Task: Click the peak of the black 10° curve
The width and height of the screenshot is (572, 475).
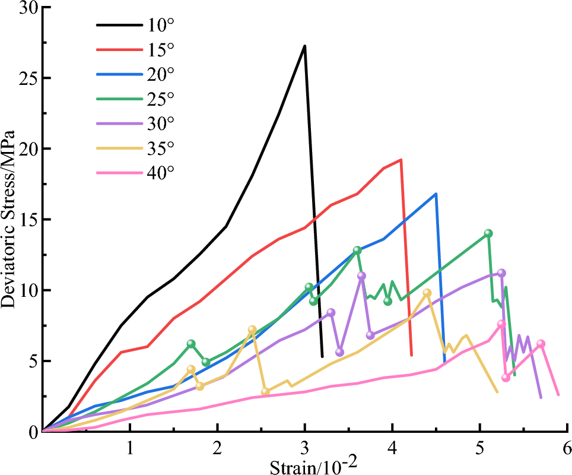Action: pos(304,46)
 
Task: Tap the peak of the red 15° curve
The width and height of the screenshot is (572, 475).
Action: pos(401,160)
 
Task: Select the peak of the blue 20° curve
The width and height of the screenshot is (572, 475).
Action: pos(436,194)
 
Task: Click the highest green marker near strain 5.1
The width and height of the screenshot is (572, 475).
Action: pos(488,233)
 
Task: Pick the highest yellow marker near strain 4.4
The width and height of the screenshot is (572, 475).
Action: pos(427,293)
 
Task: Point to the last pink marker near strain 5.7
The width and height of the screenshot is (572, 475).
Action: pos(541,344)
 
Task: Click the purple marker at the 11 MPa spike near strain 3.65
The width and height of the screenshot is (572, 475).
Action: pos(361,275)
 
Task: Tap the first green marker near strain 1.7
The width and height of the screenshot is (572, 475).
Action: pos(191,344)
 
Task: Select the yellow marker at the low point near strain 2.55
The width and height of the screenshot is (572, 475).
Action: pos(265,391)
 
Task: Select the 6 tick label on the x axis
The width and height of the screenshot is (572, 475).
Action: pos(567,446)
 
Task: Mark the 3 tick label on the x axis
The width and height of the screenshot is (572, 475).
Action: pos(304,446)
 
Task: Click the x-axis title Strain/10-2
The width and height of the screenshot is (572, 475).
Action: pos(313,464)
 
